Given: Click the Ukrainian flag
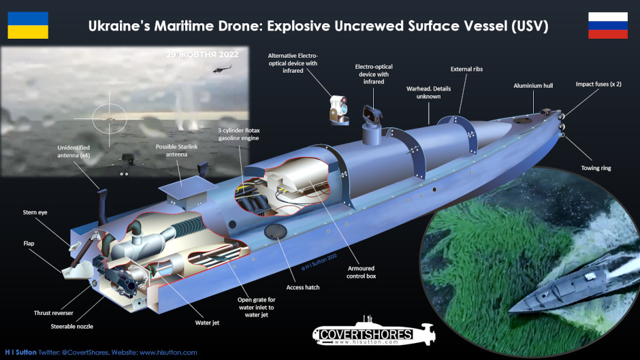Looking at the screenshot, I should pyautogui.click(x=28, y=25).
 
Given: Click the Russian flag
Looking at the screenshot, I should pyautogui.click(x=607, y=25).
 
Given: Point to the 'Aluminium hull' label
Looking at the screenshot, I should pyautogui.click(x=538, y=86).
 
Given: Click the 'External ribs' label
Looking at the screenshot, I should pyautogui.click(x=467, y=69).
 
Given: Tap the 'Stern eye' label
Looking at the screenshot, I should pyautogui.click(x=35, y=213).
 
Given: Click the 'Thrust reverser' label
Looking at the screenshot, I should pyautogui.click(x=53, y=312).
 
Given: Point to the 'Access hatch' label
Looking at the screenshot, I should pyautogui.click(x=303, y=287).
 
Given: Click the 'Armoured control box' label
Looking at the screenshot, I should pyautogui.click(x=361, y=272).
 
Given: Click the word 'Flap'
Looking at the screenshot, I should pyautogui.click(x=29, y=243).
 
